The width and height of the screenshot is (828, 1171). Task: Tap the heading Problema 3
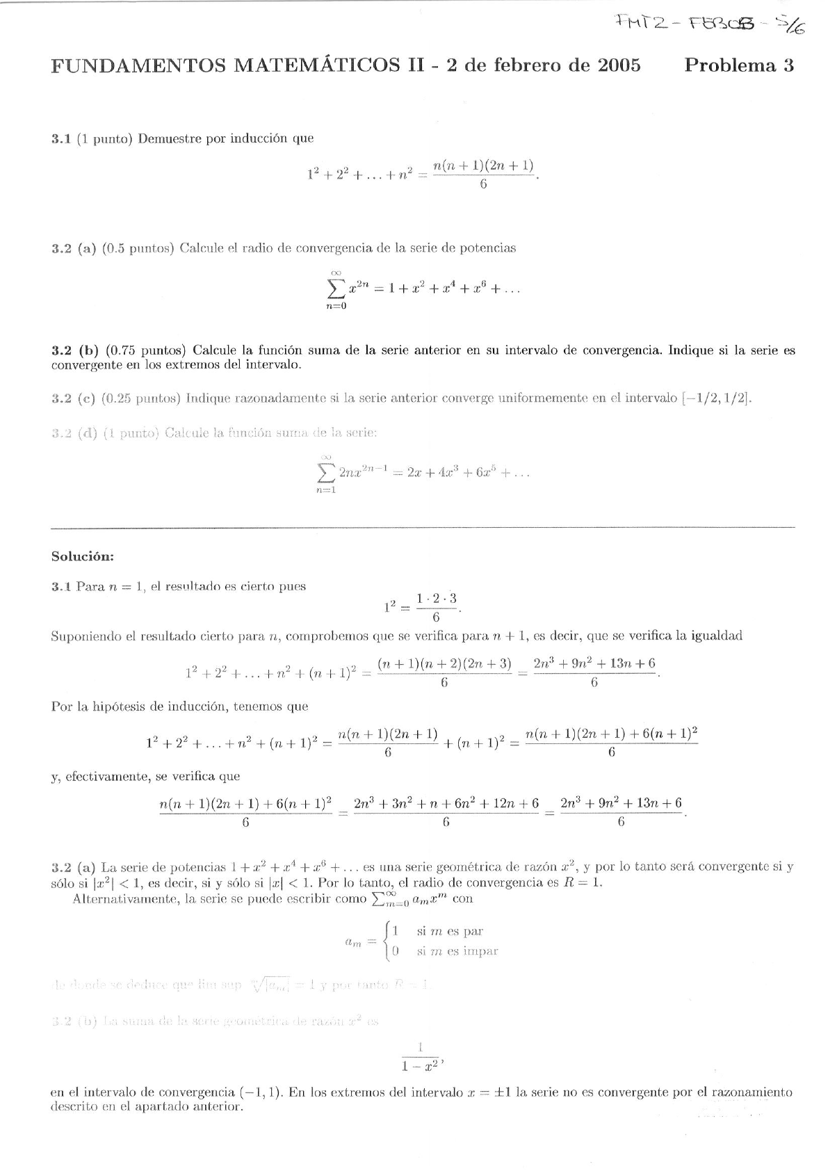click(738, 66)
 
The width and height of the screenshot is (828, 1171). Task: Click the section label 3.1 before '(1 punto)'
click(60, 138)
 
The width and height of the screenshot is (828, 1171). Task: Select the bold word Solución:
click(83, 556)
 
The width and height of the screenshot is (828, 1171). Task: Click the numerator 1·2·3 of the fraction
click(436, 599)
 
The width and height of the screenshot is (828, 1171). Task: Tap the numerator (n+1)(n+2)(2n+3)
click(444, 664)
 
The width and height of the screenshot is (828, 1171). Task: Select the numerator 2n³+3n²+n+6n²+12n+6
click(446, 804)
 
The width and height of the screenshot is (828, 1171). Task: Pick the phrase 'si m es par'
click(450, 931)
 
